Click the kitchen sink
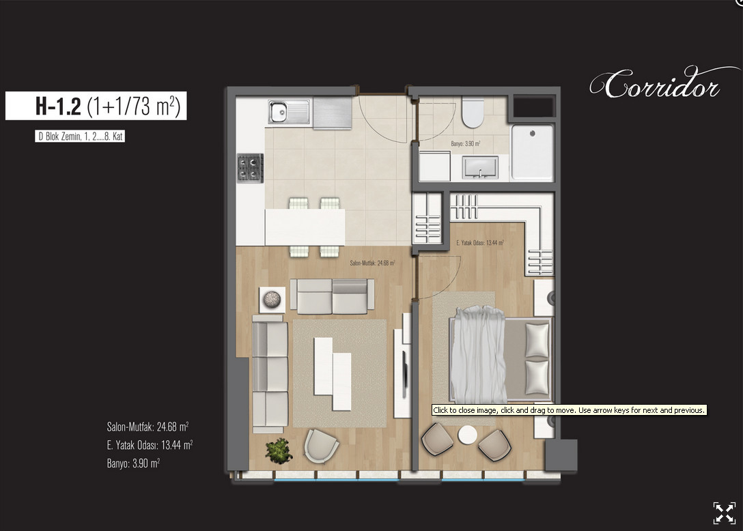click(289, 112)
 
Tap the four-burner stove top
click(250, 168)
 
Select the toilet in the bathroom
click(473, 113)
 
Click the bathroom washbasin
click(480, 168)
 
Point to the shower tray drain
click(533, 134)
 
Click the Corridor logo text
click(656, 84)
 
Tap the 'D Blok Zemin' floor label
click(80, 137)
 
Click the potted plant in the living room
click(278, 450)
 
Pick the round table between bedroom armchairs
click(467, 435)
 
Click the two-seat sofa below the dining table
click(332, 296)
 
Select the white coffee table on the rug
click(333, 373)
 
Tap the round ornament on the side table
click(272, 300)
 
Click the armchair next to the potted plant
click(321, 445)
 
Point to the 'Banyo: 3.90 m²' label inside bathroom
click(465, 143)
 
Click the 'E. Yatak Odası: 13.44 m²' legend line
click(150, 445)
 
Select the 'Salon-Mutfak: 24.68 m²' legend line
click(148, 427)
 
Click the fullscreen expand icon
click(725, 513)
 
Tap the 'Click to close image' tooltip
click(569, 410)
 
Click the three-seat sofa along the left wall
click(270, 374)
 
